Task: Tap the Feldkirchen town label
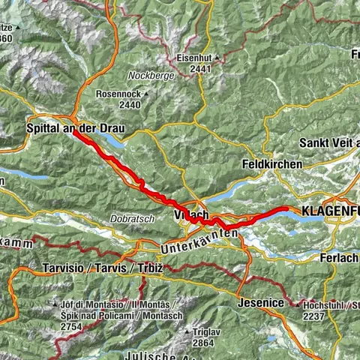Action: point(272,164)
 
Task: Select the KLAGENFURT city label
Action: point(330,212)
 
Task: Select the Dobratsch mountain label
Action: point(135,218)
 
